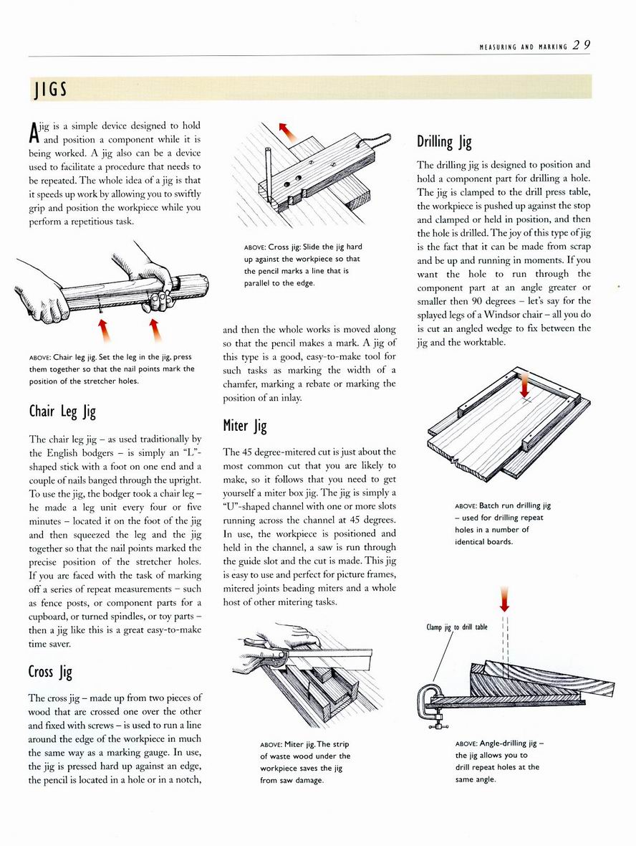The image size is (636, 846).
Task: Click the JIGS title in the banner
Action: [49, 89]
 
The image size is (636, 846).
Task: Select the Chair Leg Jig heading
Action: [62, 411]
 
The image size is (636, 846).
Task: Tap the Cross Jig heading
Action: [50, 672]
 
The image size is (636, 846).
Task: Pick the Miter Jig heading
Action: [245, 426]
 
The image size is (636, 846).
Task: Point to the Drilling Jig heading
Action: [444, 141]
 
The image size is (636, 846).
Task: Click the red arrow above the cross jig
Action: [287, 130]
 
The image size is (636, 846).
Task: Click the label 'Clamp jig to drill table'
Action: [456, 627]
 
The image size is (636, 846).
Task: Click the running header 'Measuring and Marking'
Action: [523, 47]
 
